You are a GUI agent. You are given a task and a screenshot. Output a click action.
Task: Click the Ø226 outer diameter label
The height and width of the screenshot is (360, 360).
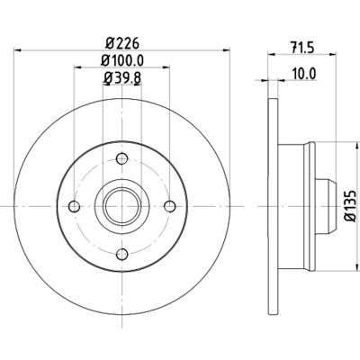(x=119, y=42)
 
